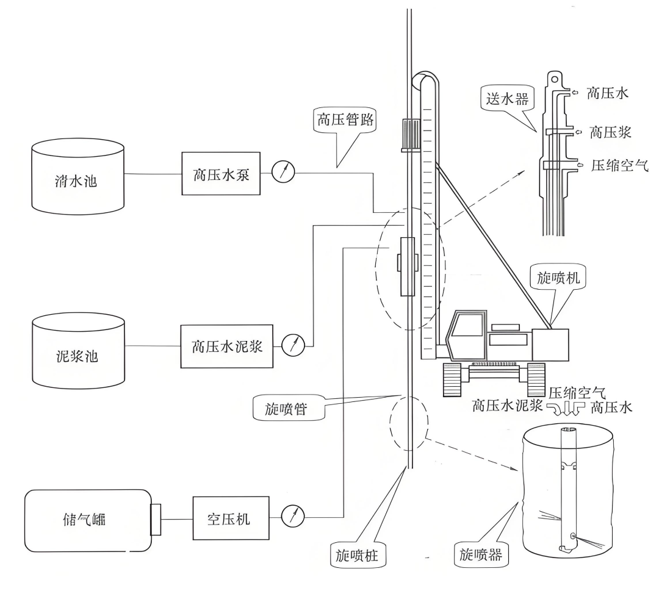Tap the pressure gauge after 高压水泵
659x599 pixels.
283,172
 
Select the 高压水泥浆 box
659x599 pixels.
227,346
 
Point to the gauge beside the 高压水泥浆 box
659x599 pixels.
293,345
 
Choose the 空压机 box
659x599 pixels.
230,518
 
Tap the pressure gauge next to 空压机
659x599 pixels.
293,517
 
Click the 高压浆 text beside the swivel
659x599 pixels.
610,132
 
